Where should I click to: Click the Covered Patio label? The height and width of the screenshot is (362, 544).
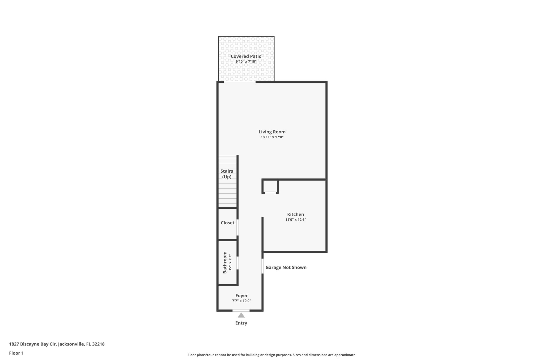pyautogui.click(x=246, y=56)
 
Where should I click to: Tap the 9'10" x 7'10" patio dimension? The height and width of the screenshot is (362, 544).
pyautogui.click(x=246, y=62)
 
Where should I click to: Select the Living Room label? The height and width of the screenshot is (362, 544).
pyautogui.click(x=272, y=132)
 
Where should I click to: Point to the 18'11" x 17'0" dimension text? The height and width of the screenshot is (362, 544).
pyautogui.click(x=272, y=137)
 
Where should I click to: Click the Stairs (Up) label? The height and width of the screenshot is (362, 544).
pyautogui.click(x=227, y=174)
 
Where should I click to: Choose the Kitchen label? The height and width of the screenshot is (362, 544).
pyautogui.click(x=295, y=214)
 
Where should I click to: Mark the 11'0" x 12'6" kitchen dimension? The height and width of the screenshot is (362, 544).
pyautogui.click(x=295, y=220)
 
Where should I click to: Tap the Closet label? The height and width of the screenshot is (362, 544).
pyautogui.click(x=227, y=223)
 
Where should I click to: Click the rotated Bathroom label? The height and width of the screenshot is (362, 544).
pyautogui.click(x=225, y=263)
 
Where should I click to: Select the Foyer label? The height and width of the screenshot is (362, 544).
pyautogui.click(x=241, y=295)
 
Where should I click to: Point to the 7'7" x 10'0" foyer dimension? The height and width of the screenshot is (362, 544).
pyautogui.click(x=241, y=301)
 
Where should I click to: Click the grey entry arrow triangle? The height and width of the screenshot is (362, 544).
pyautogui.click(x=241, y=315)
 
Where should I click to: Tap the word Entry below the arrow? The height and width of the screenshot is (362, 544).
pyautogui.click(x=241, y=323)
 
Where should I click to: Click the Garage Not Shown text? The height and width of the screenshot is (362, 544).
pyautogui.click(x=286, y=267)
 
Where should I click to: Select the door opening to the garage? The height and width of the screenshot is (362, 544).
pyautogui.click(x=262, y=266)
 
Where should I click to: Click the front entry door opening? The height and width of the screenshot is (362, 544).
pyautogui.click(x=241, y=310)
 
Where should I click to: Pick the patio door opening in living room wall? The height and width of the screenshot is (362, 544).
pyautogui.click(x=240, y=82)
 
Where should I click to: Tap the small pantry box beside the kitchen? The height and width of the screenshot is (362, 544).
pyautogui.click(x=270, y=186)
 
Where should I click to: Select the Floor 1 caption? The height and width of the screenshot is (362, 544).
pyautogui.click(x=16, y=353)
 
